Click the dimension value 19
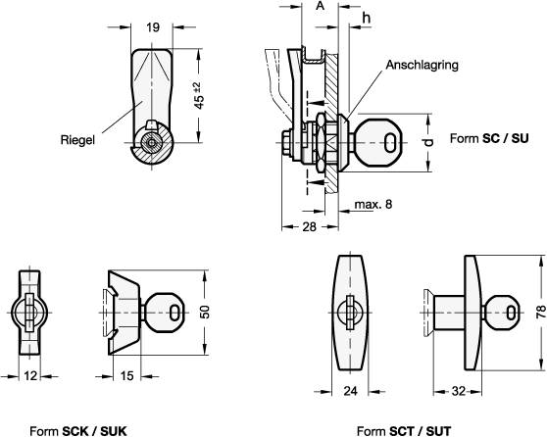[x=153, y=27]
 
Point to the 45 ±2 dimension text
[x=198, y=96]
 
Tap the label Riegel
[x=77, y=140]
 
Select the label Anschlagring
[x=422, y=65]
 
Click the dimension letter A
[x=320, y=6]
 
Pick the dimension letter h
[x=366, y=18]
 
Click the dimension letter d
[x=429, y=142]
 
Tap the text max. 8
[x=373, y=204]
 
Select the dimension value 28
[x=309, y=227]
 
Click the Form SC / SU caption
[x=489, y=138]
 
